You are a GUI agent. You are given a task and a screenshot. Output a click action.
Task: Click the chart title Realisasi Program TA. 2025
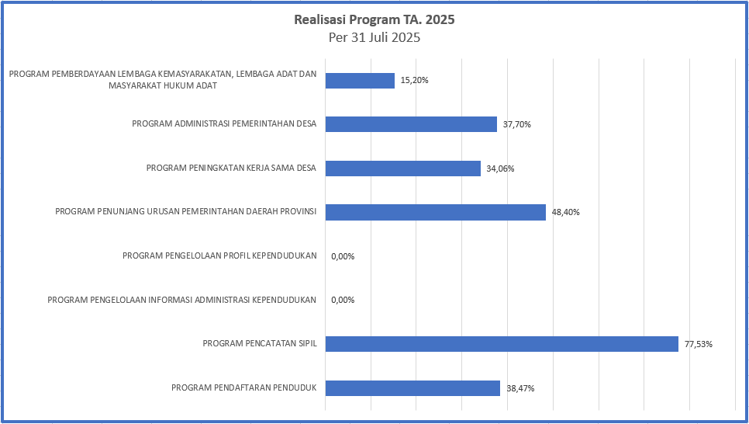click(x=374, y=19)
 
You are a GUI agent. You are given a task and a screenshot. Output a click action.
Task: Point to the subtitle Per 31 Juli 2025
click(x=374, y=37)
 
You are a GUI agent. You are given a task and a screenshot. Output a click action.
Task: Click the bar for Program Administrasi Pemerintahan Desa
click(x=411, y=124)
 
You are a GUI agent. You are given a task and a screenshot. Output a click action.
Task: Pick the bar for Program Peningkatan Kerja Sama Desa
click(x=403, y=169)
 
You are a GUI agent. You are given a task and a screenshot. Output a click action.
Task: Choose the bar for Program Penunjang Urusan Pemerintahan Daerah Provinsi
click(x=435, y=212)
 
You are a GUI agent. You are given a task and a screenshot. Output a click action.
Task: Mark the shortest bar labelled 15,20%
click(x=360, y=81)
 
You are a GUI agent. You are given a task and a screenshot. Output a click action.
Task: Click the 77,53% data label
click(x=699, y=344)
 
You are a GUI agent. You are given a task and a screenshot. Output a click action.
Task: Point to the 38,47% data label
click(x=520, y=388)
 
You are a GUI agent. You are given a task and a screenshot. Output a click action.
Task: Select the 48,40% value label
click(x=566, y=212)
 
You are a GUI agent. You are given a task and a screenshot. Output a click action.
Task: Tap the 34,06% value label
click(x=501, y=169)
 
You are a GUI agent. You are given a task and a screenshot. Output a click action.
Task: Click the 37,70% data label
click(x=517, y=124)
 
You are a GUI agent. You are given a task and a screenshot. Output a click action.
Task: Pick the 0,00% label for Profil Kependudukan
click(x=342, y=256)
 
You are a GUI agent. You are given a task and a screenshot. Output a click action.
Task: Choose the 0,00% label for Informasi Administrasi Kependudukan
click(x=342, y=301)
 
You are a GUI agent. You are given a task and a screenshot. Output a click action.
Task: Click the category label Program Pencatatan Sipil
click(x=259, y=344)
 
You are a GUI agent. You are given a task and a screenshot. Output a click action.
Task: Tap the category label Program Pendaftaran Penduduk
click(x=243, y=388)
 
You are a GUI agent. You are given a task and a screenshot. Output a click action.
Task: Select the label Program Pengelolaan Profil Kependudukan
click(x=219, y=256)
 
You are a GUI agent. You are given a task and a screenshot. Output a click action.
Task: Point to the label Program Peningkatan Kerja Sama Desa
click(x=231, y=169)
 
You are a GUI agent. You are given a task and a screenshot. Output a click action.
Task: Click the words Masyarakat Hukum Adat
click(x=163, y=85)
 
